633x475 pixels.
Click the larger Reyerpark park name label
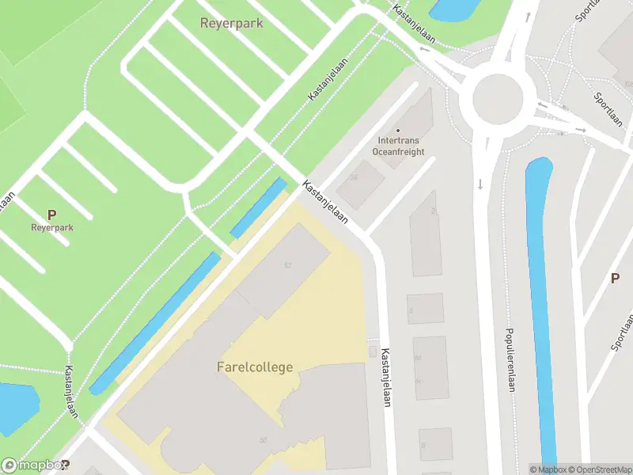(231, 24)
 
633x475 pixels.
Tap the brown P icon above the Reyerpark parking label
(52, 214)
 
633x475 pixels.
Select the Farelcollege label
(255, 367)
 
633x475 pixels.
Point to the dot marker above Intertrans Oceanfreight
(398, 131)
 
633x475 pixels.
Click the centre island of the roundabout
(498, 99)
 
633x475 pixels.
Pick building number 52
(288, 264)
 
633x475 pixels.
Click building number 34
(354, 177)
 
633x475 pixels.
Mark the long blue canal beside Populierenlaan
(542, 317)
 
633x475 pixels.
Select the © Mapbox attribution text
(548, 469)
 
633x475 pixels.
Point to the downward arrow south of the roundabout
(480, 185)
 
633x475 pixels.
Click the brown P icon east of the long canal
(615, 278)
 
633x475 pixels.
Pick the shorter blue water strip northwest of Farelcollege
(259, 207)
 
